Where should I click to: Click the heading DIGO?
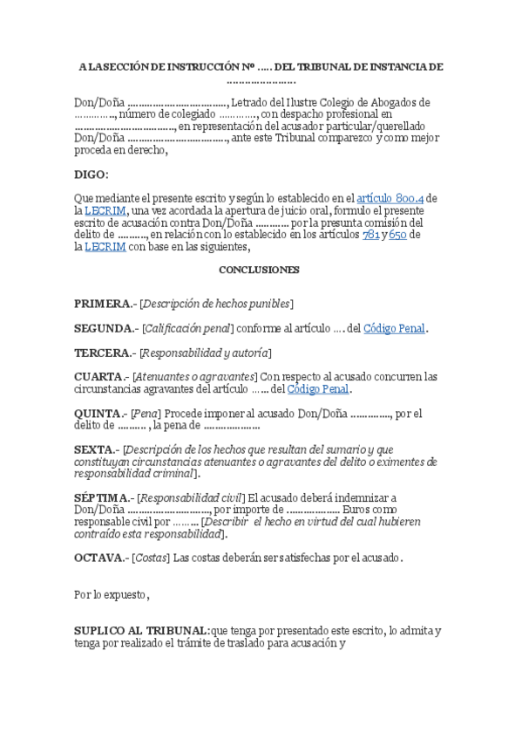(x=92, y=175)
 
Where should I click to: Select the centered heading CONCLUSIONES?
(x=259, y=270)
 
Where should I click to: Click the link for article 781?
(x=371, y=235)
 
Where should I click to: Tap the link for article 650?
(x=398, y=235)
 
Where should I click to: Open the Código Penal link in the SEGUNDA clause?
(x=394, y=328)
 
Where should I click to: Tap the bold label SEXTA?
(x=94, y=449)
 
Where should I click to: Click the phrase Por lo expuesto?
(x=111, y=595)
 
